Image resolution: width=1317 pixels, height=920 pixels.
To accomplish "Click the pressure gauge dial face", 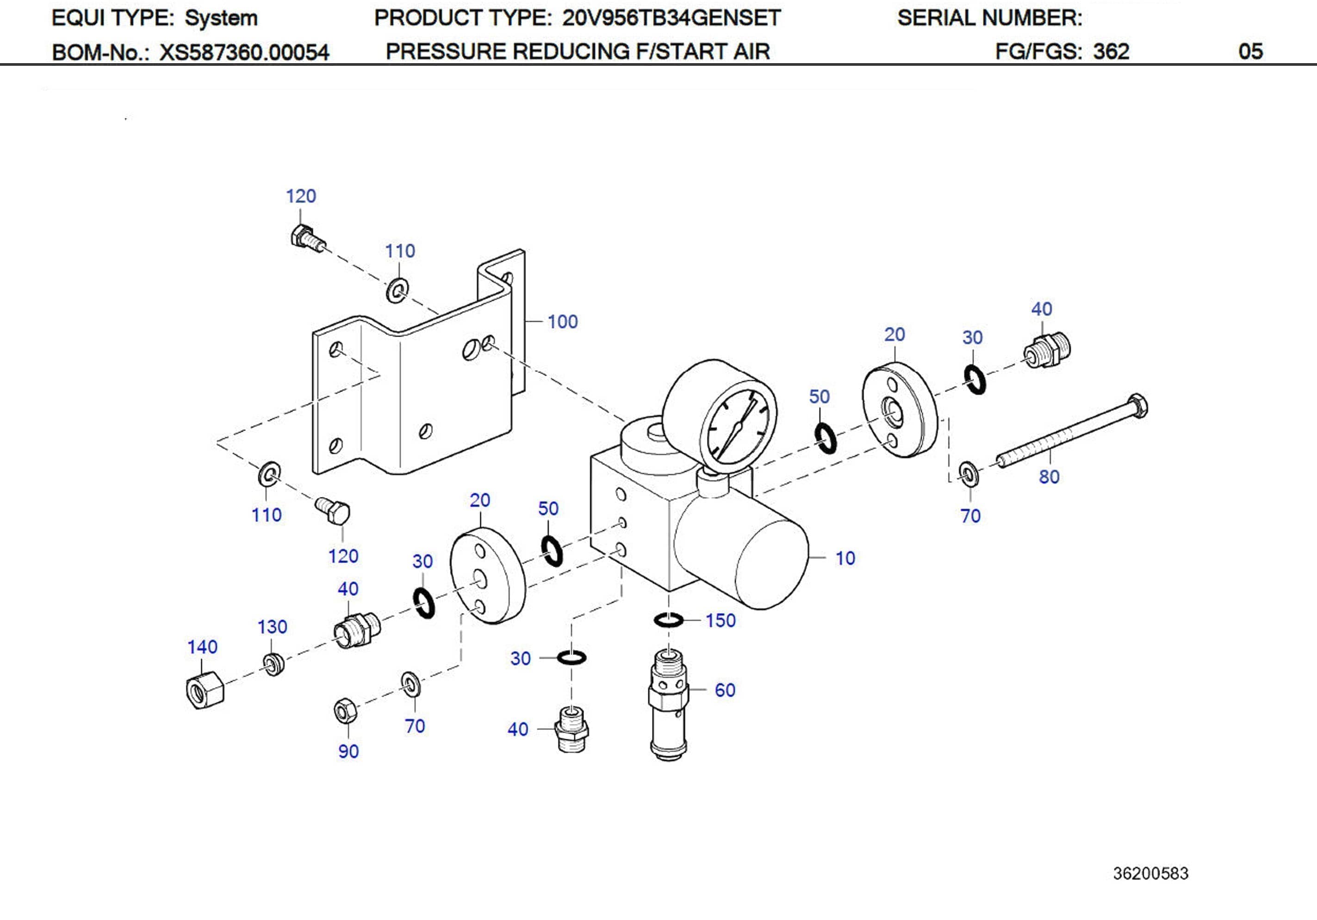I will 738,430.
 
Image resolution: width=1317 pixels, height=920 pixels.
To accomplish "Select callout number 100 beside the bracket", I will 562,322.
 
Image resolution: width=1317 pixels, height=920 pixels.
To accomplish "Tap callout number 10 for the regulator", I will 845,558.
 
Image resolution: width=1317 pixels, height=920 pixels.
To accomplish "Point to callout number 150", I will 720,620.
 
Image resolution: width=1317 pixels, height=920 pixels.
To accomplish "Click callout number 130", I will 272,626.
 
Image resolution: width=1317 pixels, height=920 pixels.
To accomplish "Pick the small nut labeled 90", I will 345,711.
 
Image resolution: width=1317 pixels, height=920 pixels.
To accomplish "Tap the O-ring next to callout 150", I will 668,619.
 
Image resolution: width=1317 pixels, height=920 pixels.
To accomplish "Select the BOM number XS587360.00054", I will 244,53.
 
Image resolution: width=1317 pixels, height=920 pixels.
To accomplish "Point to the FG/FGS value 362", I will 1111,52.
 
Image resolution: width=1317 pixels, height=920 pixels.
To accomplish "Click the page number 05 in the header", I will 1250,52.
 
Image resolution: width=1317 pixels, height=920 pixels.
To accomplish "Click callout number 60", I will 725,690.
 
